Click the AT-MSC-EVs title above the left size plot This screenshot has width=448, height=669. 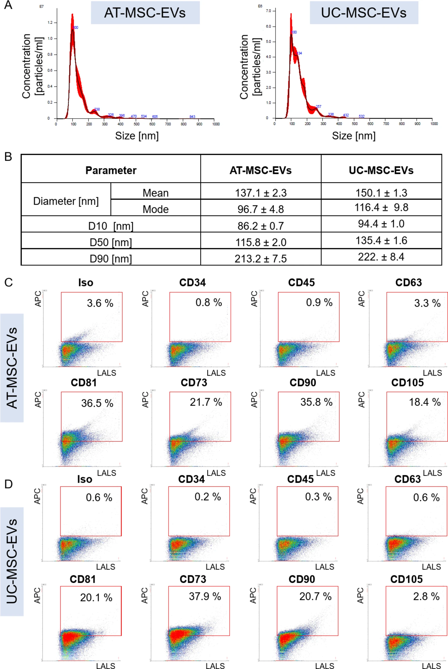pos(145,13)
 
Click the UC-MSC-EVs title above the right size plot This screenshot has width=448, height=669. pos(364,13)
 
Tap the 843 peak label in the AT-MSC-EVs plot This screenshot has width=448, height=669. pos(192,117)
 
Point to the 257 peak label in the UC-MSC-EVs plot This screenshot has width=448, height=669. pos(318,106)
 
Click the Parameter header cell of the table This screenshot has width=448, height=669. pos(111,170)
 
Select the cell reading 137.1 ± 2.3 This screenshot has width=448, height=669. pos(261,193)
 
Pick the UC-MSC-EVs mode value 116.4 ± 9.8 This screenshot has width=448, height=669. pos(381,207)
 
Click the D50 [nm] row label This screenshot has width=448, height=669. pos(111,242)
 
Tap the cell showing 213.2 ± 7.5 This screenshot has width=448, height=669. pos(261,258)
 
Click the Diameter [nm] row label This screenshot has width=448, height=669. pos(66,201)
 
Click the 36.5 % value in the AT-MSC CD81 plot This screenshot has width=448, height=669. pos(97,403)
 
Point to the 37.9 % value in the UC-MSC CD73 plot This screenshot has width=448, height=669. pos(205,596)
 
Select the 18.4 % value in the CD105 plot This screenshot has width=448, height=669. pos(425,402)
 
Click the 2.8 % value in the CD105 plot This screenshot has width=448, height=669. pos(426,596)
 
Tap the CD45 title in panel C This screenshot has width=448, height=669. pos(301,282)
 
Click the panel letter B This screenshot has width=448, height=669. pos(8,157)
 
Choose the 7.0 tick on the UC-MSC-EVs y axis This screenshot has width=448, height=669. pos(268,11)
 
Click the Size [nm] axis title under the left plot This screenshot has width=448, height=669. pos(137,136)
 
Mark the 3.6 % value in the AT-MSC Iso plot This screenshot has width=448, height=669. pos(100,303)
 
